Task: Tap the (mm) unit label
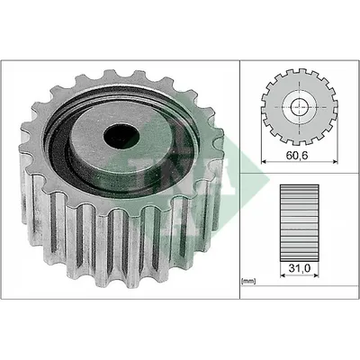(248, 281)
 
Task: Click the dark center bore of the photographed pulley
(121, 137)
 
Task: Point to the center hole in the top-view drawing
(300, 107)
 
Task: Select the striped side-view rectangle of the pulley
(299, 222)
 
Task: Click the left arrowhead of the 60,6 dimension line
(264, 162)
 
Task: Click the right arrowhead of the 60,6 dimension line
(335, 162)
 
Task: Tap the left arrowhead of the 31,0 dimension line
(283, 275)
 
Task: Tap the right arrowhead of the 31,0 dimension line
(316, 275)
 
